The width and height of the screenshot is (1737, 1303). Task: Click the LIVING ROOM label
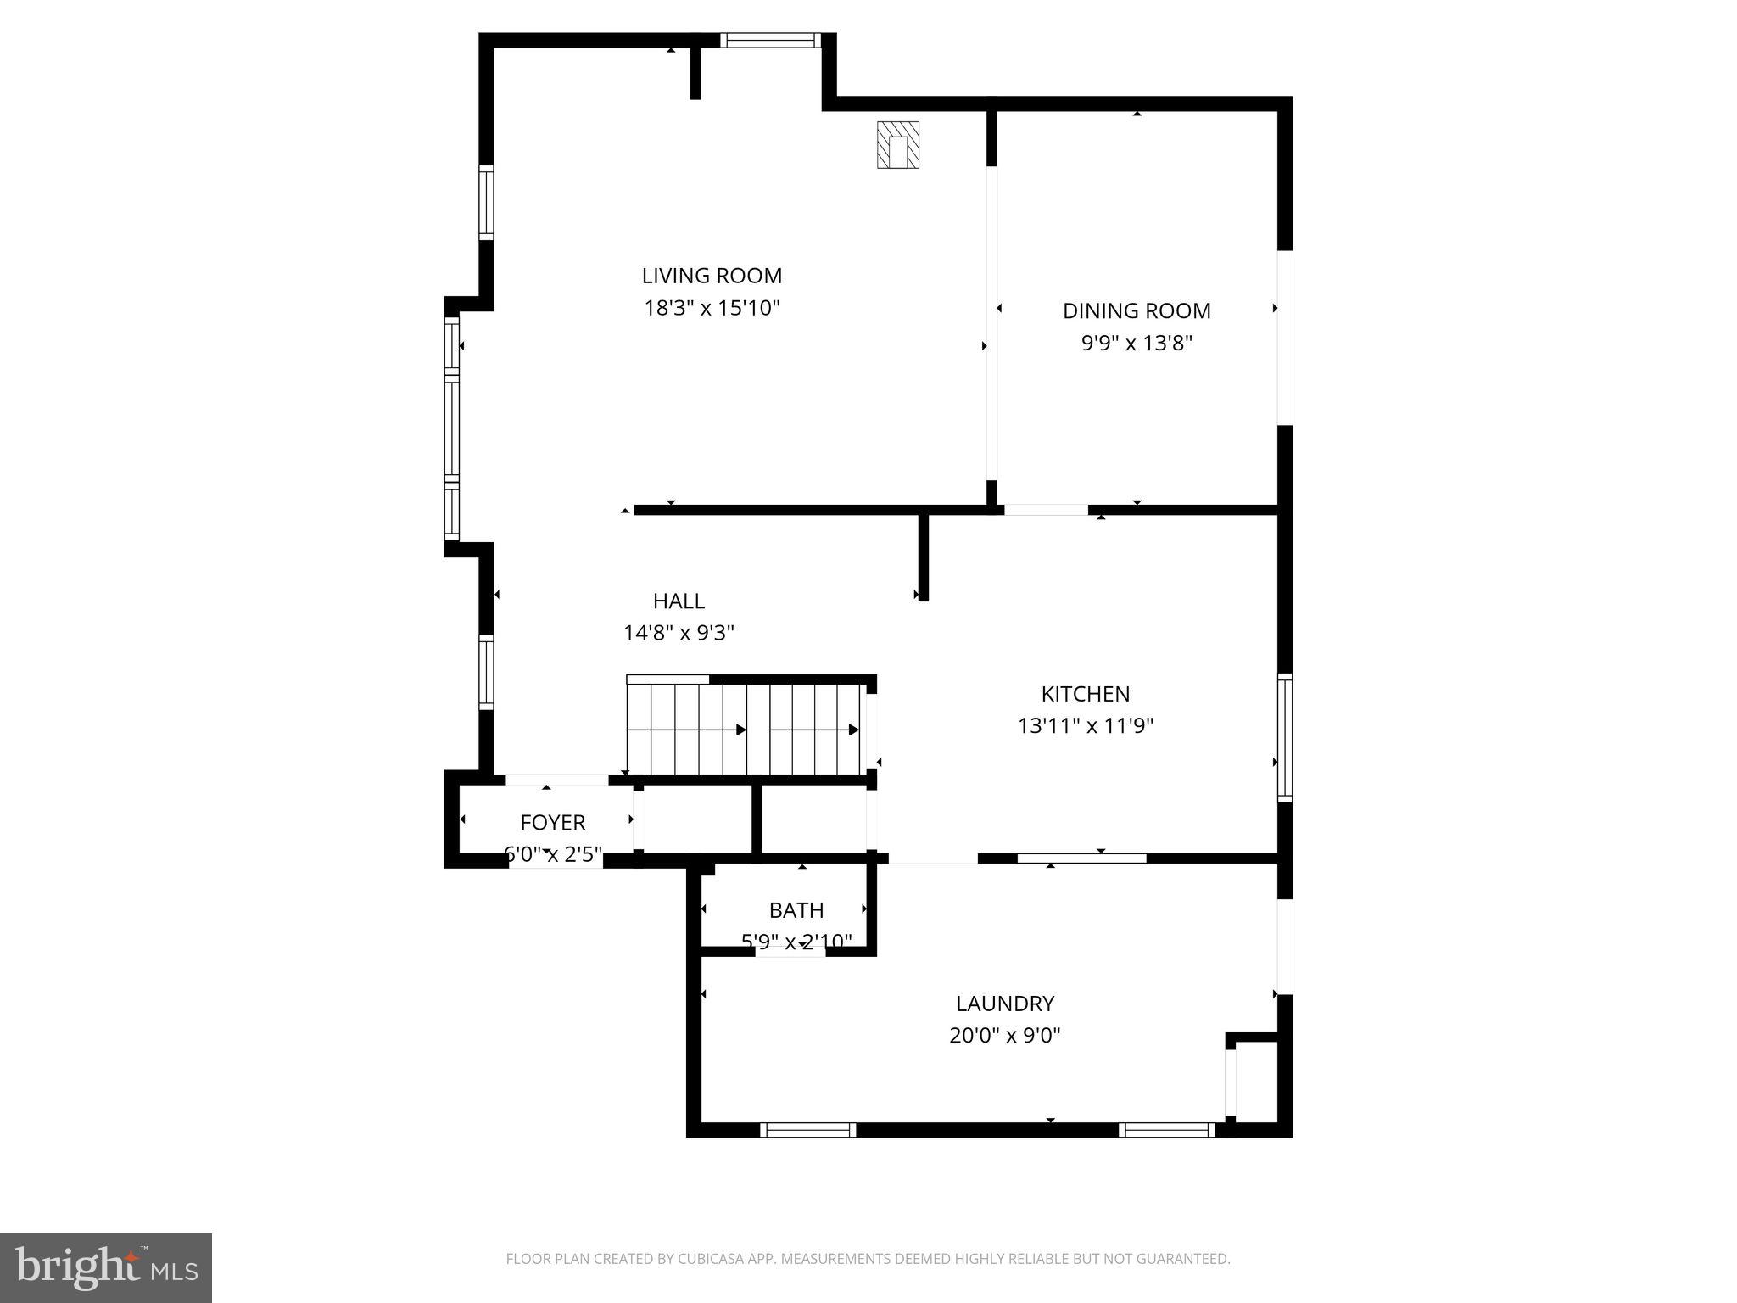click(x=712, y=276)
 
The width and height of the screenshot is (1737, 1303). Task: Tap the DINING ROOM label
click(x=1137, y=310)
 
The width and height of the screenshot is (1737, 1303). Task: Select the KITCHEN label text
click(x=1086, y=694)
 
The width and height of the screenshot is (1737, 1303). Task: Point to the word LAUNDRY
click(x=1005, y=1004)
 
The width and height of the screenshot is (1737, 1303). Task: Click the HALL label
click(x=679, y=601)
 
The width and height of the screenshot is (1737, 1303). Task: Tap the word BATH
click(x=796, y=910)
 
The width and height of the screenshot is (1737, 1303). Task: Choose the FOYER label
click(x=553, y=822)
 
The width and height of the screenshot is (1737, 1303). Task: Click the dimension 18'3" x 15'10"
click(x=712, y=308)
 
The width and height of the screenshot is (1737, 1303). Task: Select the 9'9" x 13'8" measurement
click(x=1137, y=344)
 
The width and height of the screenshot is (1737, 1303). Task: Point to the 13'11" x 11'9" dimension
click(x=1086, y=726)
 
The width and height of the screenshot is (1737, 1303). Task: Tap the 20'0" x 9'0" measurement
click(x=1005, y=1036)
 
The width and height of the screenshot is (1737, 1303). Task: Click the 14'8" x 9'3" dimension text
click(x=679, y=633)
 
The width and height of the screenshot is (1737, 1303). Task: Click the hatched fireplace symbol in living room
click(x=898, y=145)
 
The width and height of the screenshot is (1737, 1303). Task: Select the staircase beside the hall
click(x=745, y=730)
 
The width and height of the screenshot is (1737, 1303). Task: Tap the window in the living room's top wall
click(x=770, y=40)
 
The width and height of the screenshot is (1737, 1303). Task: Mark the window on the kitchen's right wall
click(x=1285, y=738)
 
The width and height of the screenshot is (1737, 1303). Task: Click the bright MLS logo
click(x=106, y=1268)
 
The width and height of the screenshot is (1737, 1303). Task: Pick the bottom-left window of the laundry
click(x=807, y=1130)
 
